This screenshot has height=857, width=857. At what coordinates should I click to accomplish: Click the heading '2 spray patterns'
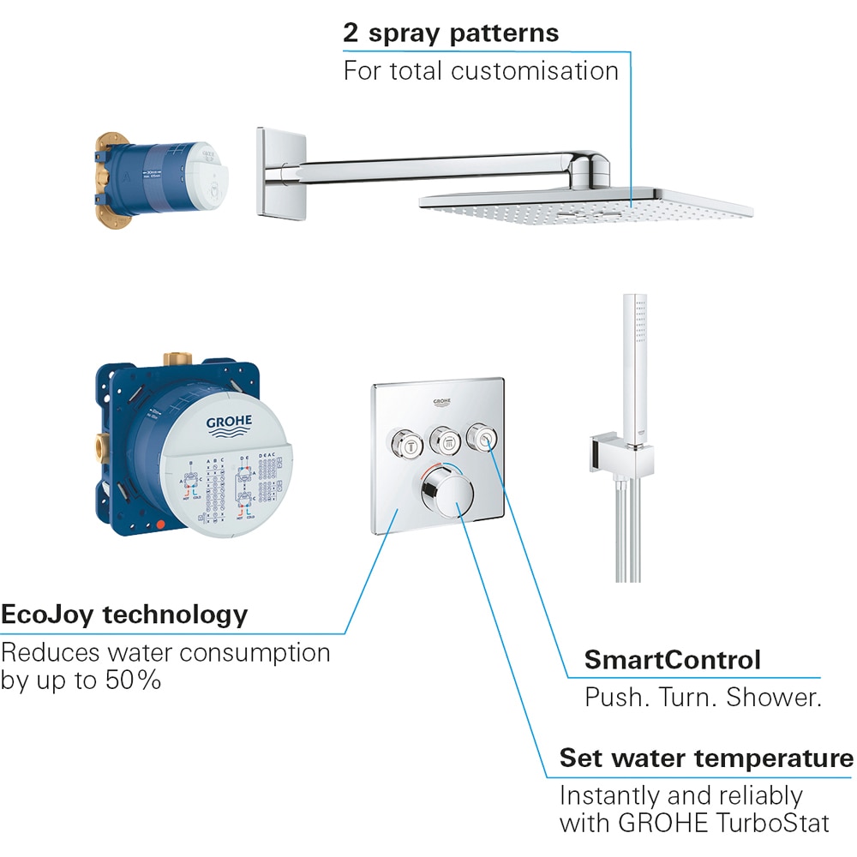click(451, 33)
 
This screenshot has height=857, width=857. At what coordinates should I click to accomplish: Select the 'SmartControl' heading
click(672, 660)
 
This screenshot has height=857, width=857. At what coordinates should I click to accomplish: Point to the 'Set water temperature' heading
click(706, 758)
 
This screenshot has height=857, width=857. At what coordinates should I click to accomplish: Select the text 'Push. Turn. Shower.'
click(703, 697)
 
